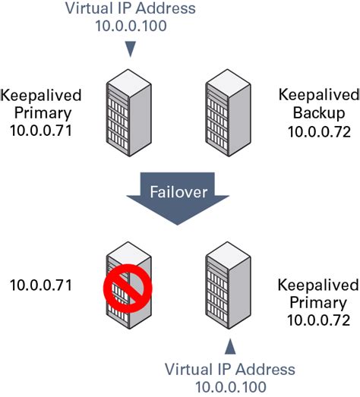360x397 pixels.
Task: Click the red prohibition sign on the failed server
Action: click(x=128, y=288)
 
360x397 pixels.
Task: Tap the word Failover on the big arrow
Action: click(x=178, y=192)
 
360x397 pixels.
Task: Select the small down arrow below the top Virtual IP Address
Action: click(x=131, y=49)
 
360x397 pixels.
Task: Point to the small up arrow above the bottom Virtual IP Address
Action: click(x=230, y=347)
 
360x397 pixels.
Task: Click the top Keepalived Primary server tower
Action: click(x=128, y=113)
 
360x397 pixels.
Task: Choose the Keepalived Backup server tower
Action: click(x=228, y=113)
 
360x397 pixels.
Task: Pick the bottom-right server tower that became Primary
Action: click(x=228, y=285)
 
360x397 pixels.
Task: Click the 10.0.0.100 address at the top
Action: click(x=131, y=26)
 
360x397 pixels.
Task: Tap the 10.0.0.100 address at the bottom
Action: click(x=231, y=387)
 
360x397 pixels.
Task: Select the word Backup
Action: click(x=319, y=113)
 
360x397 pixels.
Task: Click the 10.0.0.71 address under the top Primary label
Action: click(x=41, y=131)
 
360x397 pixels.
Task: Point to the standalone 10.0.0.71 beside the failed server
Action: click(x=41, y=285)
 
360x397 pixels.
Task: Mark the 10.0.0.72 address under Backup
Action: click(x=319, y=132)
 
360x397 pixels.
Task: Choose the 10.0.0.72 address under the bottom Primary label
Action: click(x=319, y=320)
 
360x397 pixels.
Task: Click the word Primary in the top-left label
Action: click(x=43, y=113)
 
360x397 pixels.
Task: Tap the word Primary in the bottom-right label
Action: click(x=318, y=303)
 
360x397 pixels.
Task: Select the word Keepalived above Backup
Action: click(x=319, y=95)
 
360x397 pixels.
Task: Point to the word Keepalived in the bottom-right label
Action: click(x=318, y=285)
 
